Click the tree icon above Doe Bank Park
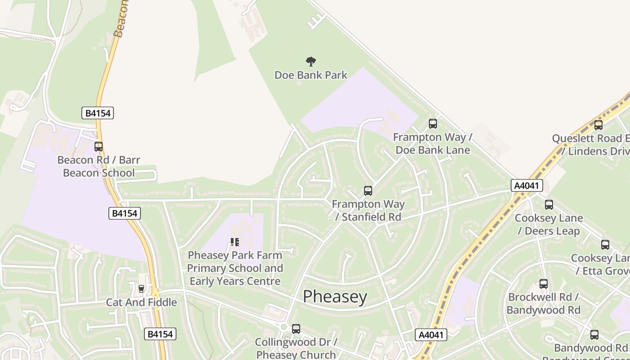310,62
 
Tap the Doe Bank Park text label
310,75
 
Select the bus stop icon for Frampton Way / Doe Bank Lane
432,123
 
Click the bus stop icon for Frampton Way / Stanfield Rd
368,191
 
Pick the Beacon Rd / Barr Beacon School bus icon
99,147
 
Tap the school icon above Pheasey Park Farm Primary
234,243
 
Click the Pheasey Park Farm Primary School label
235,268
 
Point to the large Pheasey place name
335,297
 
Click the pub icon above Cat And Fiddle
141,288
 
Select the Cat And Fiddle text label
141,302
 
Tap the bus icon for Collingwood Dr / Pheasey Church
296,329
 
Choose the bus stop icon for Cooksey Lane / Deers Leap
549,205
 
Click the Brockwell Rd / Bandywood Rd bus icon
543,284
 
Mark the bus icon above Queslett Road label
598,125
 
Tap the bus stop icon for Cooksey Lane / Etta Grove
605,245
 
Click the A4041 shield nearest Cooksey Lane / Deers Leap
526,185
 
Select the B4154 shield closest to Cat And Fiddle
160,334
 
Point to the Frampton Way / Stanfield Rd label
368,211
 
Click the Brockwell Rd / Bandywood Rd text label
543,304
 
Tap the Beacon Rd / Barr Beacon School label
99,166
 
